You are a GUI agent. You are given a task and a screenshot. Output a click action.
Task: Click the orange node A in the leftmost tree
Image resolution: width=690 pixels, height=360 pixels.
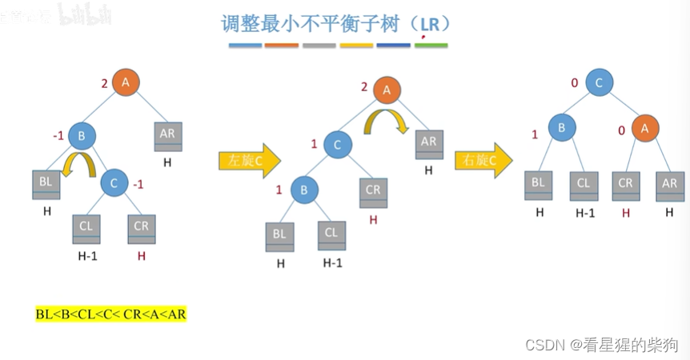126,82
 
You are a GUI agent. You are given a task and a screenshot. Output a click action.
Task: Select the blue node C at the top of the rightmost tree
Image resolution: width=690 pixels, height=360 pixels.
599,82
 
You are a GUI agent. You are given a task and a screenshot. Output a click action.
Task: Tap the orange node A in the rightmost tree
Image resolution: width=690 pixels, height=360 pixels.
644,128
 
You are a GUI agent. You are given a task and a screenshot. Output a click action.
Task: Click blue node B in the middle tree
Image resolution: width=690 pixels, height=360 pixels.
304,190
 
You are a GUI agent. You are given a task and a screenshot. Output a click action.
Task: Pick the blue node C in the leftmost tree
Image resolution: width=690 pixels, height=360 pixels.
114,183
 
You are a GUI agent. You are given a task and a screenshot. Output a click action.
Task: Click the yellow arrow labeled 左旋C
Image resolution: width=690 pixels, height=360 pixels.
249,160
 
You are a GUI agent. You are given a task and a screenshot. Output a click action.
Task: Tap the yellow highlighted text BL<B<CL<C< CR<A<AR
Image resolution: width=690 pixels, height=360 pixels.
110,314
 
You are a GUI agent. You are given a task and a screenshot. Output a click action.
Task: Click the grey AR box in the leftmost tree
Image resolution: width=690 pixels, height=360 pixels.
167,135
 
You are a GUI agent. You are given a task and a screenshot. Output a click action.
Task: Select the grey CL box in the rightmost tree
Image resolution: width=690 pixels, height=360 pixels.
584,185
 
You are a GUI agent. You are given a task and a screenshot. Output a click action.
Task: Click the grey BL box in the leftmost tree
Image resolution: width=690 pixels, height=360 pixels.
46,184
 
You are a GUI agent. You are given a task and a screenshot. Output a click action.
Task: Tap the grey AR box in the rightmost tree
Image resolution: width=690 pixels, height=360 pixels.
669,185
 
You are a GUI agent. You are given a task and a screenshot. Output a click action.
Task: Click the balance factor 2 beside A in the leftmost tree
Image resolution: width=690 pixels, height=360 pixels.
104,82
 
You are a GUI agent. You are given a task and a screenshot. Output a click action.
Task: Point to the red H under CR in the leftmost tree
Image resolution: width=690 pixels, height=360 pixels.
142,256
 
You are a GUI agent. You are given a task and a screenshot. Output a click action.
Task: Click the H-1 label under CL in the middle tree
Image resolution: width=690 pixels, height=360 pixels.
332,262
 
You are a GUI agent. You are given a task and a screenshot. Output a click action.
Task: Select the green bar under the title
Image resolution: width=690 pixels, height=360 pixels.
431,46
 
